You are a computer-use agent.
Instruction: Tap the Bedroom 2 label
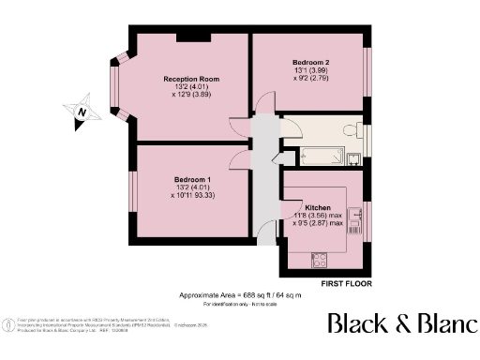pyautogui.click(x=309, y=61)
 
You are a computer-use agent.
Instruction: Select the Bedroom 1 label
pyautogui.click(x=192, y=178)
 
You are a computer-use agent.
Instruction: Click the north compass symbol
pyautogui.click(x=82, y=111)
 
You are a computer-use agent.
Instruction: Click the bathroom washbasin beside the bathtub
pyautogui.click(x=354, y=157)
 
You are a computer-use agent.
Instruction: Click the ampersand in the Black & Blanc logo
pyautogui.click(x=399, y=324)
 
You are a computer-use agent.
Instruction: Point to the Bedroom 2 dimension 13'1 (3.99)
pyautogui.click(x=309, y=70)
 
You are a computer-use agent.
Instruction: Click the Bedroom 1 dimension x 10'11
pyautogui.click(x=192, y=195)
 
